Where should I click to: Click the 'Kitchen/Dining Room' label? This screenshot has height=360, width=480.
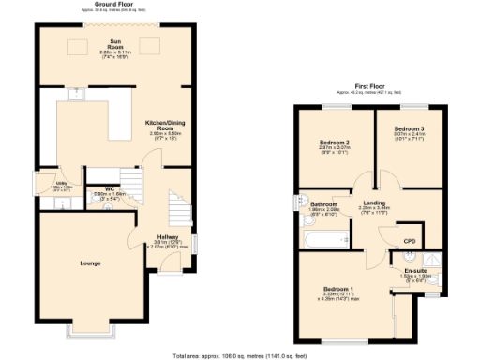click(164, 125)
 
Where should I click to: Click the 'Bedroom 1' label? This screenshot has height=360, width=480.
click(338, 289)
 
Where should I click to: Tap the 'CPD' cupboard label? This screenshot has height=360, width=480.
click(409, 240)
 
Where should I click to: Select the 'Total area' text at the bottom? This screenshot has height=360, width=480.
click(239, 355)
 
